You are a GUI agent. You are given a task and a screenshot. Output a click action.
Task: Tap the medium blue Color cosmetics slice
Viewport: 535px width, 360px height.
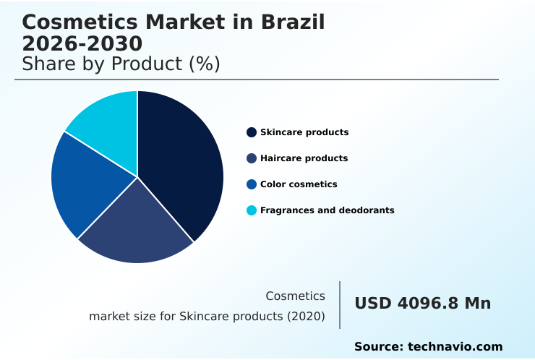[83, 181]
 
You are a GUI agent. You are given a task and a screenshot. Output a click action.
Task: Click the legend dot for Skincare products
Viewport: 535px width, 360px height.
[252, 132]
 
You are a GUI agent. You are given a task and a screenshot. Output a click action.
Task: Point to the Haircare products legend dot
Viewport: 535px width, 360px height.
[252, 158]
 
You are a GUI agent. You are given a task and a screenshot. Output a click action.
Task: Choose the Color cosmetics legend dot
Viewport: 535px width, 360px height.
[252, 184]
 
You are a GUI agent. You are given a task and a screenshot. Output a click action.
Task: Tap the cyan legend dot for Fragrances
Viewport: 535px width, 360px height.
[252, 210]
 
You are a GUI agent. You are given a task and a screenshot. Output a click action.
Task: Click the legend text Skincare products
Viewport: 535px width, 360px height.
[304, 132]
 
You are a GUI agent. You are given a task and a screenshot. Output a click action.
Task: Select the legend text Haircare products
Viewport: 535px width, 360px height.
[304, 158]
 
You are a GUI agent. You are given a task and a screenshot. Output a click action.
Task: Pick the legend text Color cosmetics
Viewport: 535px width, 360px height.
[299, 184]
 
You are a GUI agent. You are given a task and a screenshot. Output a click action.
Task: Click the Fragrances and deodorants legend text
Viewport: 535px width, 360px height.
[327, 210]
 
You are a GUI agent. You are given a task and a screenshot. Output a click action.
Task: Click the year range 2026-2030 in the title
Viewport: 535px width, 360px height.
[82, 44]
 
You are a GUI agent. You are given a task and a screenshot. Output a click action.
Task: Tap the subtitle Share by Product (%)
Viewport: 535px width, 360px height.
[121, 64]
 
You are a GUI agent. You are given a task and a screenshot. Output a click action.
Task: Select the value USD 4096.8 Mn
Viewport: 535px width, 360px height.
[422, 304]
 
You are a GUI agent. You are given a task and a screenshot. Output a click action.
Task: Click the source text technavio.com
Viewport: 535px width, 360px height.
[455, 347]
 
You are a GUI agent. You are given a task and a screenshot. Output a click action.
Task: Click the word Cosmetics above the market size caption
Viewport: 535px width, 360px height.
[295, 296]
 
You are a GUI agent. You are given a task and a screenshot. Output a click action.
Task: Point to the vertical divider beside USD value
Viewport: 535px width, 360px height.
[340, 305]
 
